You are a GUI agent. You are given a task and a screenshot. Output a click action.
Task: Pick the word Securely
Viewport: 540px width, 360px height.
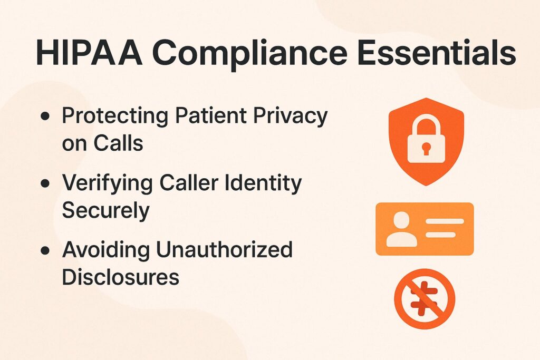[x=105, y=210]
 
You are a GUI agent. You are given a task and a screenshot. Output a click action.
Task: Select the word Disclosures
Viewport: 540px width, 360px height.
[x=120, y=276]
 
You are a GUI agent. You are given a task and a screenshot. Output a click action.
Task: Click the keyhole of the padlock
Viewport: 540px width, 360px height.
[x=426, y=149]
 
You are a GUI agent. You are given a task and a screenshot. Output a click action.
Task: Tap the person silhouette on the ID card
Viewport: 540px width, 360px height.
[x=401, y=229]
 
